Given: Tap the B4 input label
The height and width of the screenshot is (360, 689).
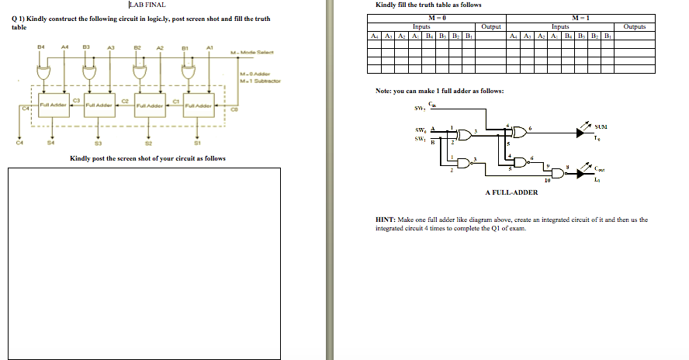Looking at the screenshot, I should pyautogui.click(x=41, y=47).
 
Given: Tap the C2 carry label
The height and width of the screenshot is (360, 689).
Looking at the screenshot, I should pyautogui.click(x=125, y=100).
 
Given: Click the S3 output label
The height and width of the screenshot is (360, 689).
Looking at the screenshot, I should pyautogui.click(x=98, y=142).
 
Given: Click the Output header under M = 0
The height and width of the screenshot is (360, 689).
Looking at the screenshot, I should pyautogui.click(x=491, y=26).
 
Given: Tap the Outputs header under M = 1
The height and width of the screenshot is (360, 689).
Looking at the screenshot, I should pyautogui.click(x=634, y=26).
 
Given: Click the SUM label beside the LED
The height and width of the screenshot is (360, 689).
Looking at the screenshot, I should pyautogui.click(x=601, y=126).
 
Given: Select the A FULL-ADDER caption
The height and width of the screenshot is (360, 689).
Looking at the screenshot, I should pyautogui.click(x=511, y=192).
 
